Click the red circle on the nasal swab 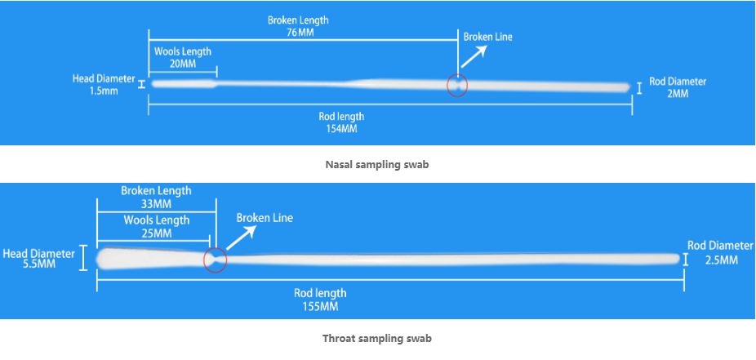point(457,85)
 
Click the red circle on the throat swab point(215,260)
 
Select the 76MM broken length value point(298,33)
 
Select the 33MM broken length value point(156,204)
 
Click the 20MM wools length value point(182,64)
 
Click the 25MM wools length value point(156,233)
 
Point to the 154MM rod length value point(340,128)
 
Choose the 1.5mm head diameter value point(104,91)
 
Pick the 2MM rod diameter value point(678,94)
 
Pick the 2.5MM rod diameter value point(720,260)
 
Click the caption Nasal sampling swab point(377,165)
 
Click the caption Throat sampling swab point(377,338)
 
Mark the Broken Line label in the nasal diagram point(487,37)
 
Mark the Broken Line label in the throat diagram point(265,218)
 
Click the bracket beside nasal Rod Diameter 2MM point(639,88)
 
